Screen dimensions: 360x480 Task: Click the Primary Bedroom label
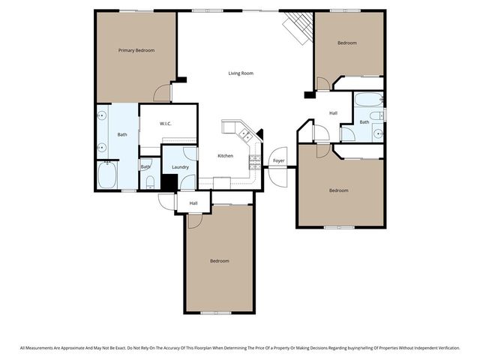click(x=136, y=50)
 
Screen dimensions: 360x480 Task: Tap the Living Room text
click(x=241, y=73)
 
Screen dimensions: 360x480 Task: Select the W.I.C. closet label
click(x=166, y=124)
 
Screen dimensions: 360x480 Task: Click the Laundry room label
click(x=180, y=167)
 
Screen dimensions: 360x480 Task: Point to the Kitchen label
click(x=225, y=156)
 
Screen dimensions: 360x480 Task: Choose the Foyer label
click(x=278, y=160)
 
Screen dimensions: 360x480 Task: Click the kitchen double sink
click(x=244, y=136)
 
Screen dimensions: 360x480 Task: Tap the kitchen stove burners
click(x=254, y=160)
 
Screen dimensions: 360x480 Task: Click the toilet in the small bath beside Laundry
click(x=149, y=181)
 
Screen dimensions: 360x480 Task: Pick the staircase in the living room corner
click(x=297, y=28)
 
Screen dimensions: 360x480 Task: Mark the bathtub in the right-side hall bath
click(x=367, y=100)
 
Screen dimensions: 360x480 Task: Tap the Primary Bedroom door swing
click(x=162, y=93)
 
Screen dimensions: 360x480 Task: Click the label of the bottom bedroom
click(x=219, y=261)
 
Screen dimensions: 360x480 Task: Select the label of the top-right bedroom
click(x=346, y=43)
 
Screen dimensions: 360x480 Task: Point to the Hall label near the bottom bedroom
click(x=193, y=202)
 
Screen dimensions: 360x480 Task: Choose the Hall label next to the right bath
click(x=333, y=113)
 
